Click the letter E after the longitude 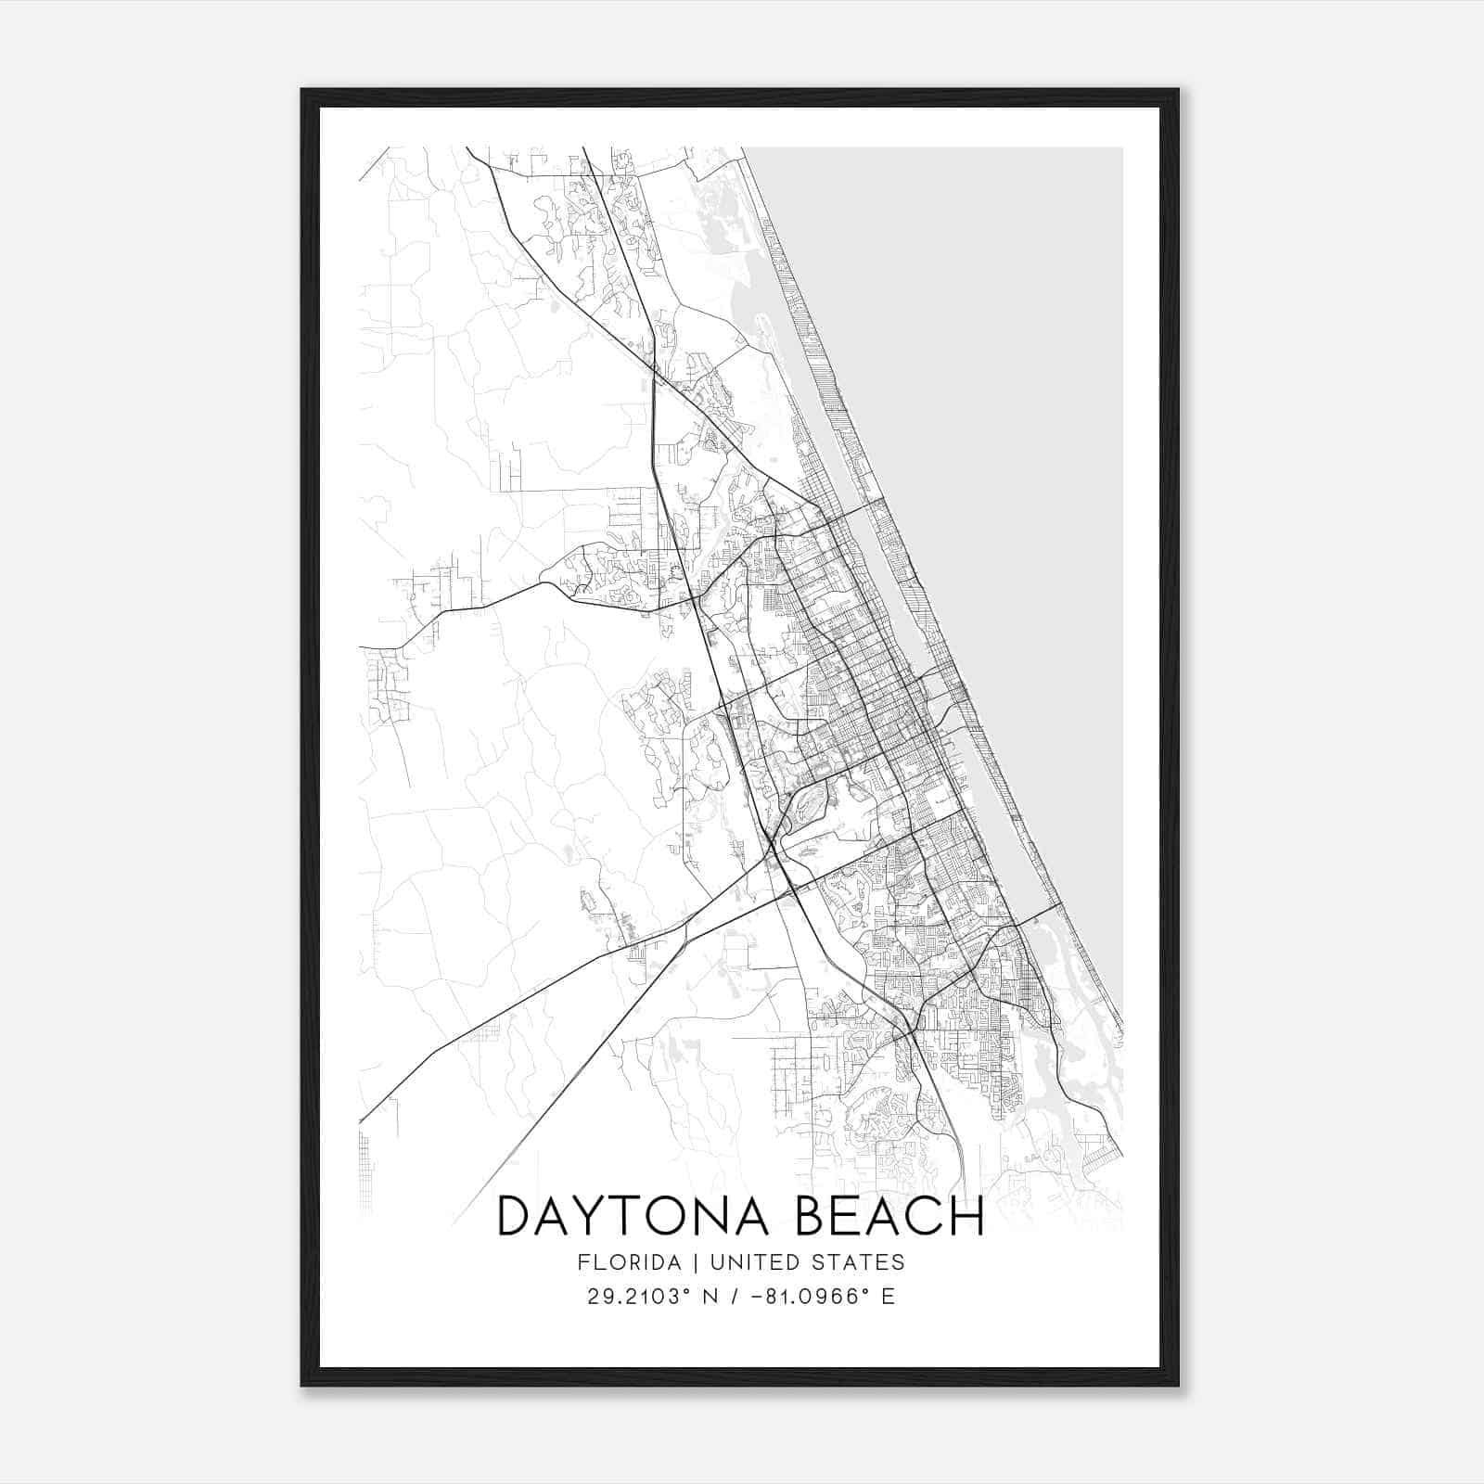pyautogui.click(x=889, y=1297)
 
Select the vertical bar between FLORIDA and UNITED pyautogui.click(x=698, y=1262)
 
